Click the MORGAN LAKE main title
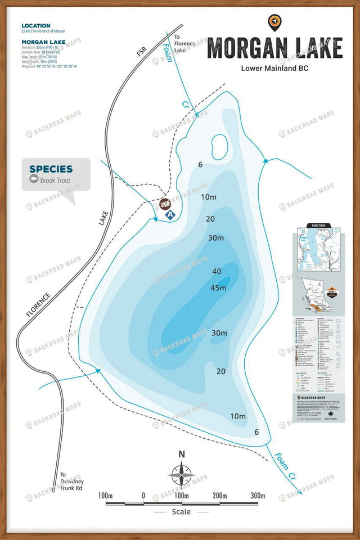tap(274, 48)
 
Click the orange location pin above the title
tap(274, 22)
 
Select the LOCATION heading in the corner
tap(35, 26)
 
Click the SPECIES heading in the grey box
tap(51, 169)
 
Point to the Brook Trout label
tap(56, 180)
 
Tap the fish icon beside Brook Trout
tap(34, 180)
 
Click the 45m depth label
tap(218, 288)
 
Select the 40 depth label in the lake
tap(217, 272)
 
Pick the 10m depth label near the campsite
tap(209, 197)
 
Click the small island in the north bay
tap(219, 146)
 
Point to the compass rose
tap(182, 475)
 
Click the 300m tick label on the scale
tap(258, 496)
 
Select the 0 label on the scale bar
tap(143, 496)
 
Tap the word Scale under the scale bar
tap(182, 512)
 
